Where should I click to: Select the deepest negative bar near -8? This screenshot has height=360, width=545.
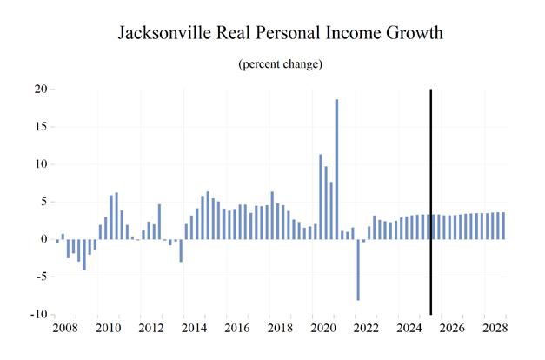click(358, 270)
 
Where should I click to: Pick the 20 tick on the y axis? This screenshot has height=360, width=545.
click(40, 89)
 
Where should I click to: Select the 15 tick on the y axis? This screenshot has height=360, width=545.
click(40, 127)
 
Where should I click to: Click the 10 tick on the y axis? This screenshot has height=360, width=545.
click(40, 164)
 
